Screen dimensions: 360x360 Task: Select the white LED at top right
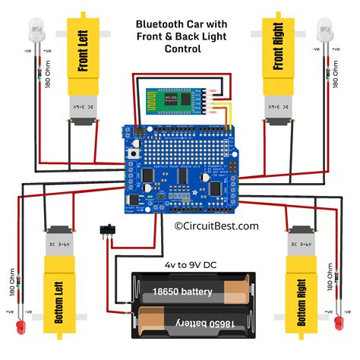323,32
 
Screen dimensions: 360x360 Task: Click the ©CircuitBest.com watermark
216,226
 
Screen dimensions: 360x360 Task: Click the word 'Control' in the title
183,49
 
